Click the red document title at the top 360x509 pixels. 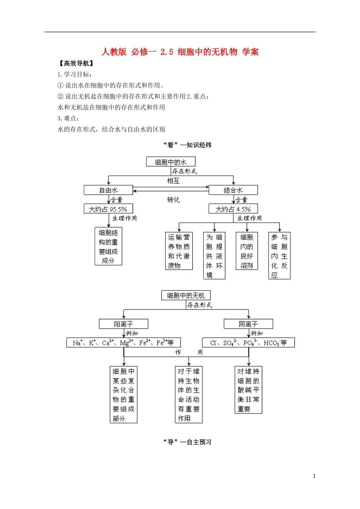180,52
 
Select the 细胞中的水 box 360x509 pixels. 171,162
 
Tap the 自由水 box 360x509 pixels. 108,190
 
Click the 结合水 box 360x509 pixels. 233,190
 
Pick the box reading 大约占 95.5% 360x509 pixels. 108,209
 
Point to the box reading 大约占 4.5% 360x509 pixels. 233,209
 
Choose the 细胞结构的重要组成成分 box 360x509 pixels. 108,246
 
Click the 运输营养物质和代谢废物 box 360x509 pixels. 179,251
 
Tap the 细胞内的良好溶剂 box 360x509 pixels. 247,251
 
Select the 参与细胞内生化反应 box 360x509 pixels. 279,256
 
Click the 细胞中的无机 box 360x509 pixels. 186,295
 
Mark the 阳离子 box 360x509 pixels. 124,324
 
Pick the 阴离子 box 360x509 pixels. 248,324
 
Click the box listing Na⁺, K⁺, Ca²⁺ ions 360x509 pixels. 124,343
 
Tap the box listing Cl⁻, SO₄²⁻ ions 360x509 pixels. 248,343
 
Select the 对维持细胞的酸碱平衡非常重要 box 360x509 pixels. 248,390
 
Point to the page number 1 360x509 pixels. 314,476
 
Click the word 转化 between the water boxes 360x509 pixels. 174,200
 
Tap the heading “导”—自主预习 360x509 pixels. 187,442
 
